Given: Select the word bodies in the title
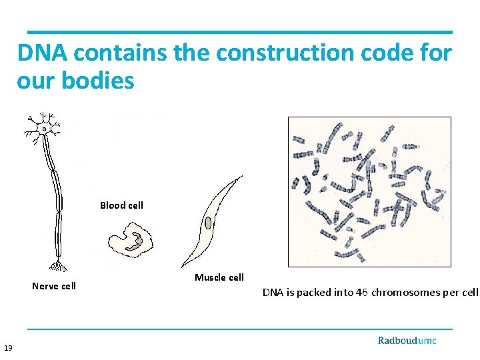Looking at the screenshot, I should (x=98, y=81).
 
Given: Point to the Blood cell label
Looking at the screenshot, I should (x=121, y=205).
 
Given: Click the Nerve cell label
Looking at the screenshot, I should (x=54, y=286).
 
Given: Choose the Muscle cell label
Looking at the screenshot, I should (x=219, y=277).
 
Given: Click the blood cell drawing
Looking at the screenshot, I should (x=131, y=238).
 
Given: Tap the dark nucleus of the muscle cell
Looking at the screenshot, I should (x=209, y=223).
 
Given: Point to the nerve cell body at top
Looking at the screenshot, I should (x=44, y=127).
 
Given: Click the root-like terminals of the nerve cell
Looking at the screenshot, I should (x=59, y=266).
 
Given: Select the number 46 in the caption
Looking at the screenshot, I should (x=362, y=292).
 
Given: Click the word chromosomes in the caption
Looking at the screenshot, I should (x=406, y=292).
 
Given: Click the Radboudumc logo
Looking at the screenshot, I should (x=407, y=340).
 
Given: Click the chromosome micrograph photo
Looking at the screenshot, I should (x=369, y=192).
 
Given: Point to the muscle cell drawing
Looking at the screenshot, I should (x=210, y=220).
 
